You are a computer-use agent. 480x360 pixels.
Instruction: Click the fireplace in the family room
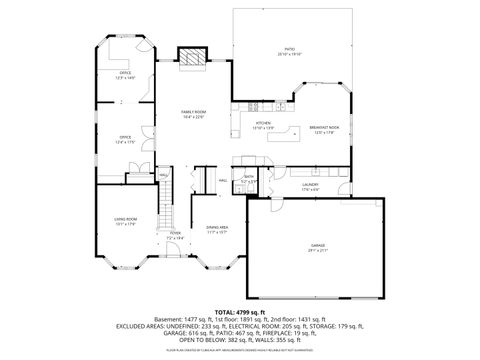tap(190, 58)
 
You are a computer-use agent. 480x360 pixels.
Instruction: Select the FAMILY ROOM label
tap(193, 113)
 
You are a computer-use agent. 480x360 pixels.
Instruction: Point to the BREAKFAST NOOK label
tap(323, 128)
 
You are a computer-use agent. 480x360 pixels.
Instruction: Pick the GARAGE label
tap(316, 246)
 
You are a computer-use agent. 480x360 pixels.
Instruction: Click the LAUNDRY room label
tap(311, 186)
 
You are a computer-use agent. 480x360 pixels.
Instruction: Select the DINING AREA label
tap(217, 228)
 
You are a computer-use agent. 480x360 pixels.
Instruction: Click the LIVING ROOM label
tap(124, 221)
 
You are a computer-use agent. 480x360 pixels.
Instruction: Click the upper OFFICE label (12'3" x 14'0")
tap(126, 74)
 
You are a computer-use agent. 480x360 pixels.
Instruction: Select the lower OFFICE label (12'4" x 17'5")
tap(125, 139)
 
